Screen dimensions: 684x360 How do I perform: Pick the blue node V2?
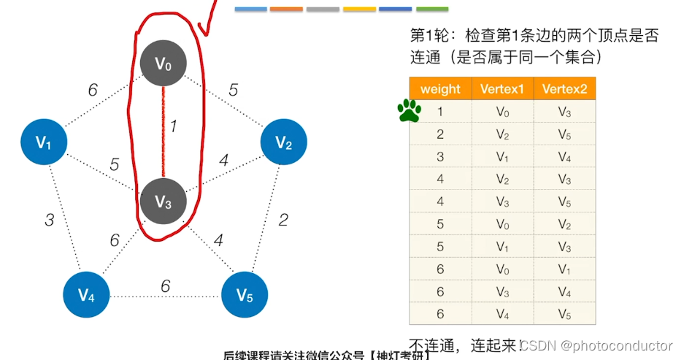[283, 142]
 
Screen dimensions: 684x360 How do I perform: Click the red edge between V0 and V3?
[164, 131]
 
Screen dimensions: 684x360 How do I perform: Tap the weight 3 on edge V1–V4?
[49, 219]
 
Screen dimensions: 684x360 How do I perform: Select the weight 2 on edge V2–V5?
[283, 220]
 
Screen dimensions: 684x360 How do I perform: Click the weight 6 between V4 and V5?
[165, 286]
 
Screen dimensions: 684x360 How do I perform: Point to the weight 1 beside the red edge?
[174, 126]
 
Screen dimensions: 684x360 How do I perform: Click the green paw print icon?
[409, 111]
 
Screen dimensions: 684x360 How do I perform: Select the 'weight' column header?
[440, 89]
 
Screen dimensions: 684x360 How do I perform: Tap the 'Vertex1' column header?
[502, 89]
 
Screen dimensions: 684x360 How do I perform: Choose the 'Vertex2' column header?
[564, 89]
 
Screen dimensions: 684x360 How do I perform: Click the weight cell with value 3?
[440, 156]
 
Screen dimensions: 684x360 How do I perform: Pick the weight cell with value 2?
[440, 134]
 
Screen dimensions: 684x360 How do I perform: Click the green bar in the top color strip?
[432, 9]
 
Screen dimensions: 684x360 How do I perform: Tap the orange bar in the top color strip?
[286, 9]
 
